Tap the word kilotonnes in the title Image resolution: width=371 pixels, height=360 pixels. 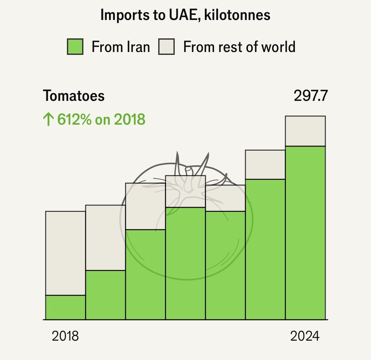click(238, 15)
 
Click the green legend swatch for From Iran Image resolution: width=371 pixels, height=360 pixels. click(75, 47)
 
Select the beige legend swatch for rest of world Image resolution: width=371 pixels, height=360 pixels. click(166, 47)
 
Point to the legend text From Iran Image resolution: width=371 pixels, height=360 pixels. click(120, 47)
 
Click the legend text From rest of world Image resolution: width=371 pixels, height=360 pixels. click(239, 47)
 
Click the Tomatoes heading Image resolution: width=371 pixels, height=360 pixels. click(74, 96)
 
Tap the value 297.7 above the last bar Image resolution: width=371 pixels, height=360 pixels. click(310, 96)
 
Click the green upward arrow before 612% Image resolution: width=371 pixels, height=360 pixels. click(48, 120)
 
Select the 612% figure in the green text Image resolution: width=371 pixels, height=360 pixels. click(75, 120)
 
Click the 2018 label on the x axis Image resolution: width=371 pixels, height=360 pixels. click(65, 336)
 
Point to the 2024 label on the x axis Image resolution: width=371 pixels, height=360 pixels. click(305, 336)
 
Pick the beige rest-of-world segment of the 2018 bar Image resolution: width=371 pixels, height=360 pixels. click(66, 253)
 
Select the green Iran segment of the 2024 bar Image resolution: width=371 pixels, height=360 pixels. click(305, 232)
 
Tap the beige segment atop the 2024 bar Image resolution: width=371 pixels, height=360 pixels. click(305, 131)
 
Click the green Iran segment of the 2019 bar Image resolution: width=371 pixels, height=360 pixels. click(106, 295)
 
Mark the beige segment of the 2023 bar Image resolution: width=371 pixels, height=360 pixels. click(265, 165)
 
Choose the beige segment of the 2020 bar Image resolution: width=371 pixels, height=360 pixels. click(146, 206)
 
